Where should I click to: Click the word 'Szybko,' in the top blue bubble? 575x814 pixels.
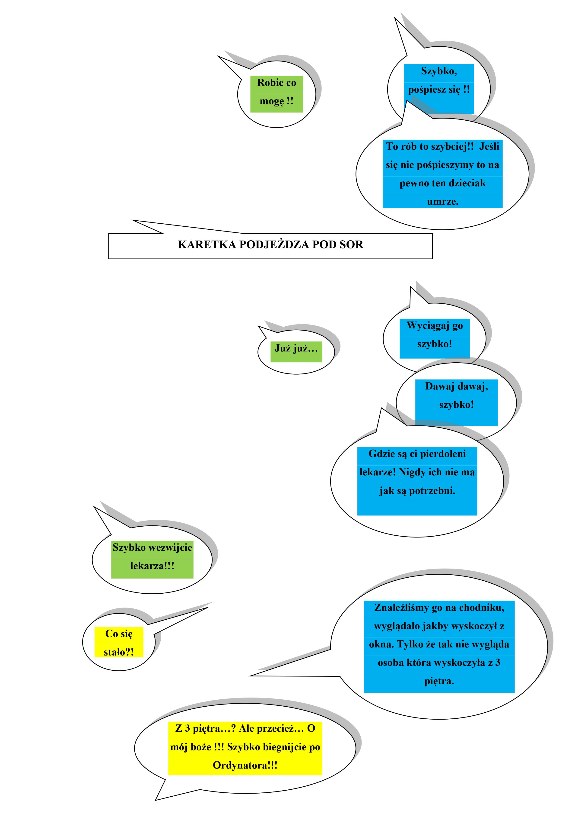[439, 71]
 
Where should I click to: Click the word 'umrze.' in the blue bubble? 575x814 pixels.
[442, 202]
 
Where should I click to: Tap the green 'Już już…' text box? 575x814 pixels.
[296, 351]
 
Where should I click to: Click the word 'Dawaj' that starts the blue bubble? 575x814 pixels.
[440, 386]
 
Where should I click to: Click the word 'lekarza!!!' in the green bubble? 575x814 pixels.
[152, 566]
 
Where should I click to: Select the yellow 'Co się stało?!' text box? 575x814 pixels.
[119, 642]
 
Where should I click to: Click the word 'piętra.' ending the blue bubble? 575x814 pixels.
[439, 681]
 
